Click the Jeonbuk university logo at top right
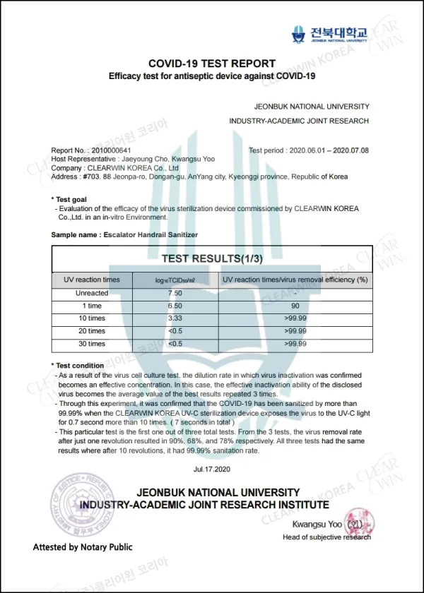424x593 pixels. click(x=330, y=34)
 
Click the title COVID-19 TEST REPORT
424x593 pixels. click(x=211, y=64)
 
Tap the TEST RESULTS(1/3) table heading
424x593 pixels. click(x=212, y=258)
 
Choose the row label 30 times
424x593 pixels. click(x=92, y=344)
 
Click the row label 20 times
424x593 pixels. click(x=92, y=331)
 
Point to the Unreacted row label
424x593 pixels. click(x=92, y=293)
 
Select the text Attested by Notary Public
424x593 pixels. click(x=82, y=547)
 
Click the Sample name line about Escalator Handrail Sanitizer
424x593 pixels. click(x=124, y=234)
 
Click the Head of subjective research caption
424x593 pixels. click(x=326, y=538)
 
